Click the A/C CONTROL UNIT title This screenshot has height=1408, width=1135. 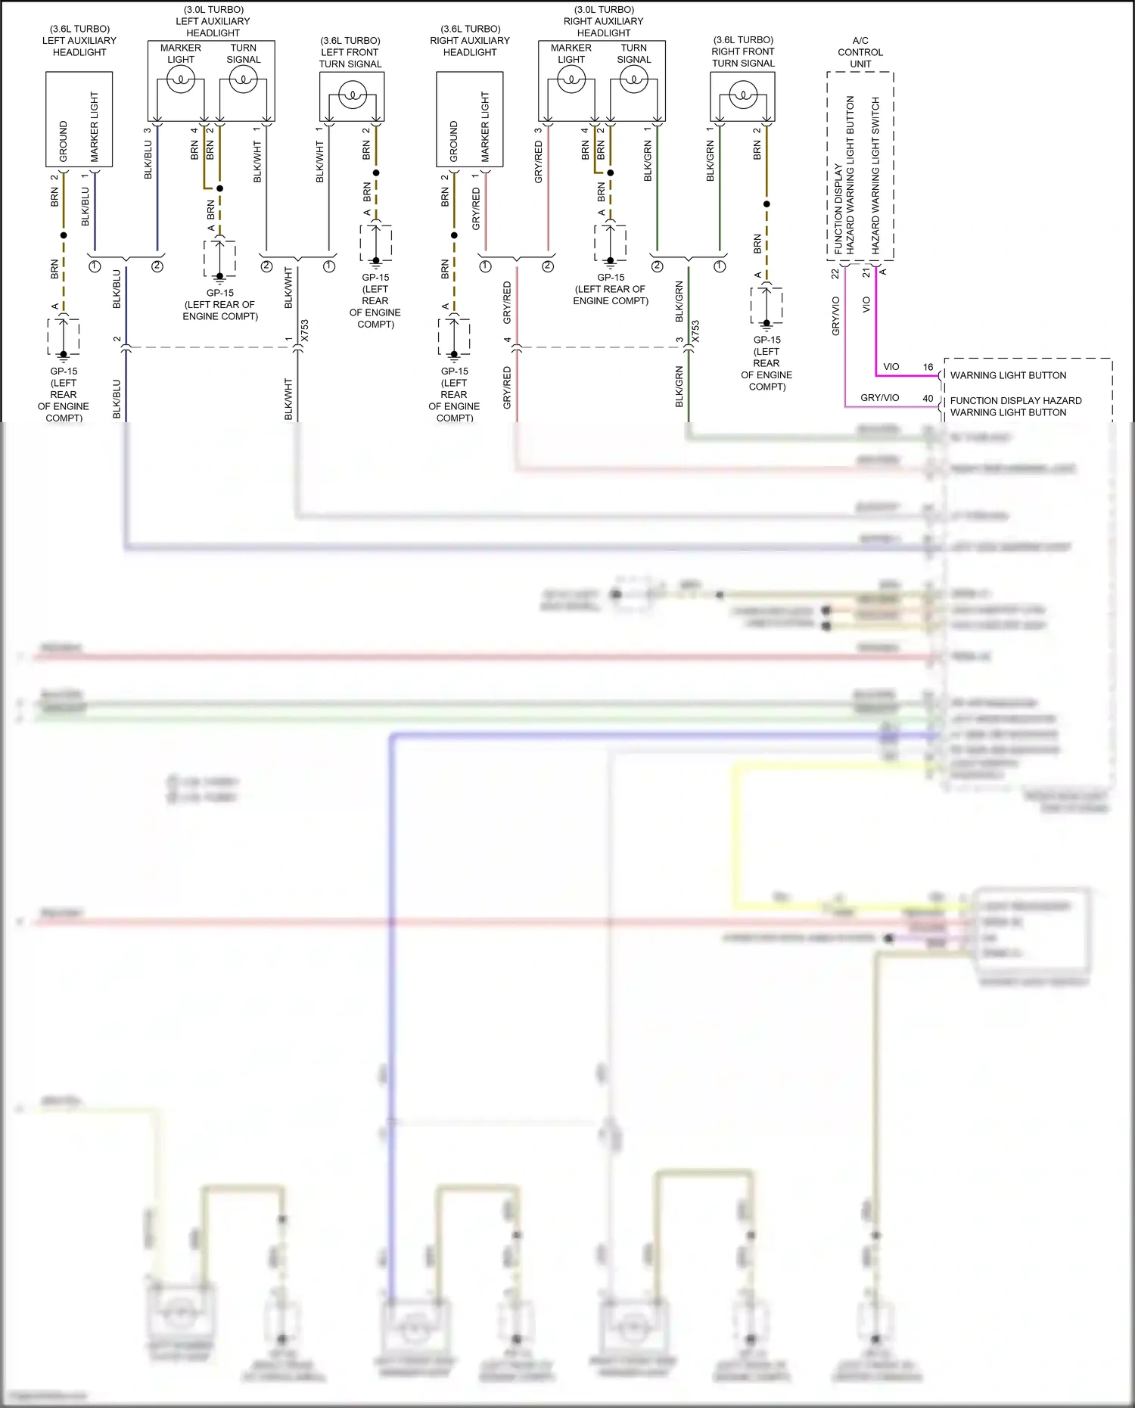860,52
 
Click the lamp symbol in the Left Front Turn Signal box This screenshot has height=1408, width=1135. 352,95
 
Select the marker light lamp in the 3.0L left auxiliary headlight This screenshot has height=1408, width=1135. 181,79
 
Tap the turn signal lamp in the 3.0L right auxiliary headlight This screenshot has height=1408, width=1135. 633,79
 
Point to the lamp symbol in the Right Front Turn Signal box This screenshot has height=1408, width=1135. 742,95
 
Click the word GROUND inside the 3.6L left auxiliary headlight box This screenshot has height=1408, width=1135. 64,141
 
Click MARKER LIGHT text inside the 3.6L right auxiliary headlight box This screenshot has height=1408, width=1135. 485,127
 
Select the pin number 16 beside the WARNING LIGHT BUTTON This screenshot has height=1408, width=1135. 928,367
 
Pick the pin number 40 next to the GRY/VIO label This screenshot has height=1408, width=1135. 928,398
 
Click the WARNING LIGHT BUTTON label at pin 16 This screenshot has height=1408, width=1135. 1008,375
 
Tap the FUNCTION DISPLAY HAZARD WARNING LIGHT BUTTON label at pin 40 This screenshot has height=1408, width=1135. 1015,406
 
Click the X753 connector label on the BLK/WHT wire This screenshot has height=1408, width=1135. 305,331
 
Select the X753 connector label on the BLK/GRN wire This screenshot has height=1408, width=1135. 695,331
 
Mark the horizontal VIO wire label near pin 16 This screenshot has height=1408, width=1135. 891,367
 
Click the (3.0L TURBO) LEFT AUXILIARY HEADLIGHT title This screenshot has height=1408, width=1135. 213,21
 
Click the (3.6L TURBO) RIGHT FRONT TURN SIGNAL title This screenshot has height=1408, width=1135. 743,51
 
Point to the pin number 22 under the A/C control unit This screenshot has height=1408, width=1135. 835,274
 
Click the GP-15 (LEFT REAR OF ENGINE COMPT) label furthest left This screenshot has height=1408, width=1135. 64,394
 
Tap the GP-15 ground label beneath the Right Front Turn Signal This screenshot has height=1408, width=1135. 767,363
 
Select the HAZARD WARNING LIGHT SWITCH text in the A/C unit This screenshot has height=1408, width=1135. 875,175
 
